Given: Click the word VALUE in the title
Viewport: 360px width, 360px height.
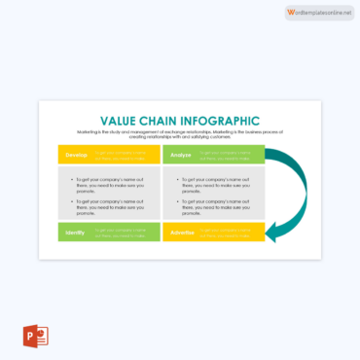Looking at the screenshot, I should coord(114,119).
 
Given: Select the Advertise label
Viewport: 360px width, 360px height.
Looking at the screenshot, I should coord(183,234).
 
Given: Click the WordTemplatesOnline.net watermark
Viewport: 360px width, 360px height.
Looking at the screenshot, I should coord(321,11).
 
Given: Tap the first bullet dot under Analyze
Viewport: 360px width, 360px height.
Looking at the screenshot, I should coord(174,181).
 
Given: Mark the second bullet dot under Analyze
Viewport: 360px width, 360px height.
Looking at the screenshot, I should coord(174,201).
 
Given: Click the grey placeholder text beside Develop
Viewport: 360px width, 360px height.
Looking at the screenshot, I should coord(125,154).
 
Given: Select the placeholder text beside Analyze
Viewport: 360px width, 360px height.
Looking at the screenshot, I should coord(230,154).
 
